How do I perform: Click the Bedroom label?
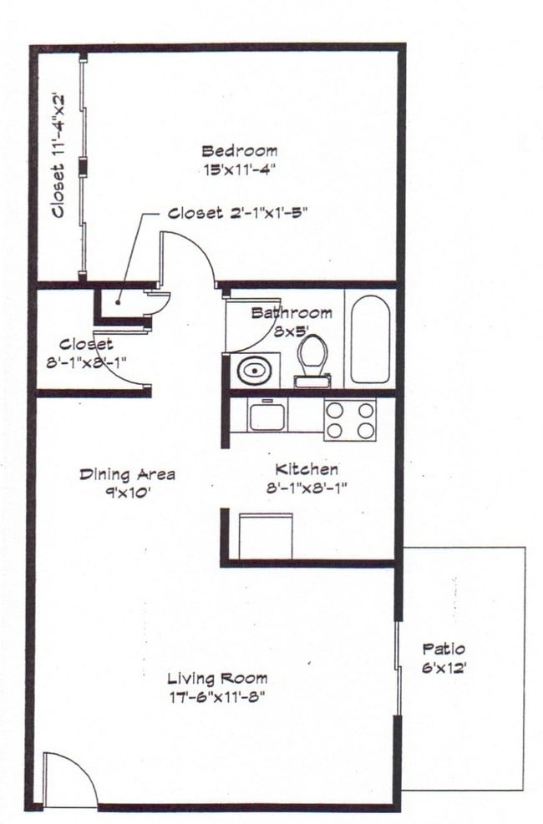[x=239, y=151]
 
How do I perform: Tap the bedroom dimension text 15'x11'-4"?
[x=239, y=169]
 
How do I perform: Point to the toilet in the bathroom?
[x=312, y=359]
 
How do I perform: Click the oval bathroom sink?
[x=251, y=368]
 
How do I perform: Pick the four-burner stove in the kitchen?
[x=349, y=419]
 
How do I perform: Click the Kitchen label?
[x=307, y=470]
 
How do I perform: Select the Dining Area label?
[x=127, y=474]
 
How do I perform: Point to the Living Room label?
[x=217, y=678]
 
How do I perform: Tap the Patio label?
[x=444, y=649]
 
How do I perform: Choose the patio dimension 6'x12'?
[x=444, y=666]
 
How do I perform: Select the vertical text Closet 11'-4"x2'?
[x=58, y=155]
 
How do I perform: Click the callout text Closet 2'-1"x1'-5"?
[x=239, y=213]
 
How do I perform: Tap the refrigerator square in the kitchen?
[x=265, y=535]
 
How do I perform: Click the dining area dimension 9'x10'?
[x=127, y=492]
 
